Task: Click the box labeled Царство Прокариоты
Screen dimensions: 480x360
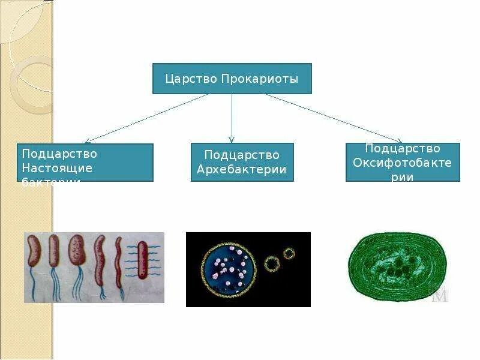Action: [x=232, y=79]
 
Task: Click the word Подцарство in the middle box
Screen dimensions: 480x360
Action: [x=242, y=155]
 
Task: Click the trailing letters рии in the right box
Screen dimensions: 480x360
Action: [x=403, y=176]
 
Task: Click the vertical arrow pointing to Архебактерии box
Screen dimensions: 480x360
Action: [x=232, y=118]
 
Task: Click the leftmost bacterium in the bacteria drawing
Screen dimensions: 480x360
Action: [x=35, y=252]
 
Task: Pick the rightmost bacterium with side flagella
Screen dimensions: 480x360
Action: [x=142, y=259]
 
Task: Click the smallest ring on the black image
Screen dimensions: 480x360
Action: [x=289, y=253]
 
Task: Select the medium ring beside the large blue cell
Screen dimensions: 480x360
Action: [x=273, y=263]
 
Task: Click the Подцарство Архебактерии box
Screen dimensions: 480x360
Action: [x=242, y=162]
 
